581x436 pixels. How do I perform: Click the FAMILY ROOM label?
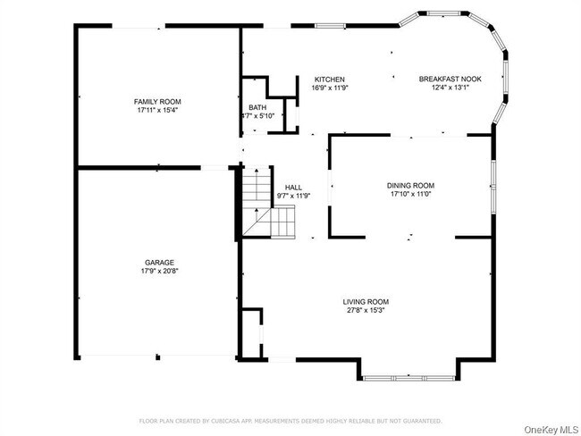coord(157,102)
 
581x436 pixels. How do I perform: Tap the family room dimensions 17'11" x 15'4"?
coord(157,111)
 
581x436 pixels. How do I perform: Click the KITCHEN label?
coord(329,80)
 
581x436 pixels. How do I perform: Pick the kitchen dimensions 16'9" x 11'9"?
coord(329,88)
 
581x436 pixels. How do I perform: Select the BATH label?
coord(257,107)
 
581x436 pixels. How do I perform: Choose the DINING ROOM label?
coord(410,185)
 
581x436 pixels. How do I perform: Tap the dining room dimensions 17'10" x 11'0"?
coord(410,194)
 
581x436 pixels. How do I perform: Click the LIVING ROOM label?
coord(366,301)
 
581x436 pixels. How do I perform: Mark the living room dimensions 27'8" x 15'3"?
coord(366,310)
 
